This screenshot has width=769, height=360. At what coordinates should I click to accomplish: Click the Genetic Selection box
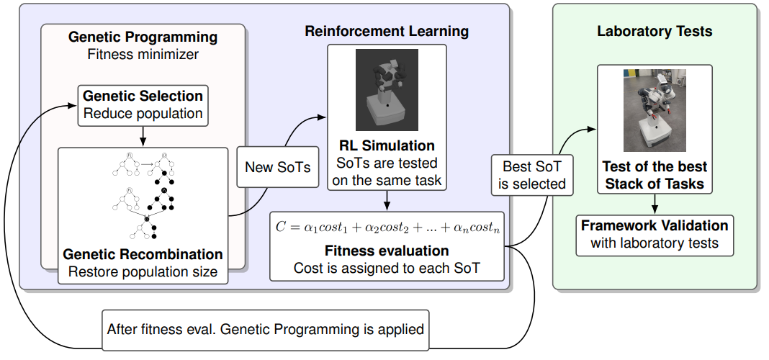(143, 105)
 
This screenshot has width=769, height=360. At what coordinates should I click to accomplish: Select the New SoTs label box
(278, 167)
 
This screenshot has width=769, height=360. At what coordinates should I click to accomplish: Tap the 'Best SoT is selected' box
(532, 175)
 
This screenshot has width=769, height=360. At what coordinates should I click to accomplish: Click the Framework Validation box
(655, 235)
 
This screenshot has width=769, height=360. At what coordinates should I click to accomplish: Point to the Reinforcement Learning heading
(387, 32)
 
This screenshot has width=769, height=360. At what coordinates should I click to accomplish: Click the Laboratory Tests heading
(655, 32)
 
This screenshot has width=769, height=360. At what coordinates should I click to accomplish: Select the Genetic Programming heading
(143, 37)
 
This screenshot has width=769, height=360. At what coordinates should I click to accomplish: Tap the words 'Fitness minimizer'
(143, 54)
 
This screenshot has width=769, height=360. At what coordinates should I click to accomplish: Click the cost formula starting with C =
(387, 228)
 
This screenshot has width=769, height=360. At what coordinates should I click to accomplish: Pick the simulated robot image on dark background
(387, 90)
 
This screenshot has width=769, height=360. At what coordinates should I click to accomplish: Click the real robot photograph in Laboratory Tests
(655, 110)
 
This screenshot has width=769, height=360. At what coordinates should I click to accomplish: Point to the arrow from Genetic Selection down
(143, 136)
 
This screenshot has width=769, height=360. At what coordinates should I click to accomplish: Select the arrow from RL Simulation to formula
(387, 200)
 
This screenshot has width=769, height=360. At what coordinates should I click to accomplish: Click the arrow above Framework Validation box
(655, 204)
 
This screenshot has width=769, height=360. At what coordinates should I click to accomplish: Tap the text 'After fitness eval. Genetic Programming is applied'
(265, 329)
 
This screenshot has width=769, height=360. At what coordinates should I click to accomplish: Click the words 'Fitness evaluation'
(387, 251)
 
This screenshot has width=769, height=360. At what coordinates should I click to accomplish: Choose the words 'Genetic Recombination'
(143, 255)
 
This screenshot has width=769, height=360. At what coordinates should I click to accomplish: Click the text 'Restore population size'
(143, 271)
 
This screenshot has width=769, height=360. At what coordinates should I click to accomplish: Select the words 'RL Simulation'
(387, 145)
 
